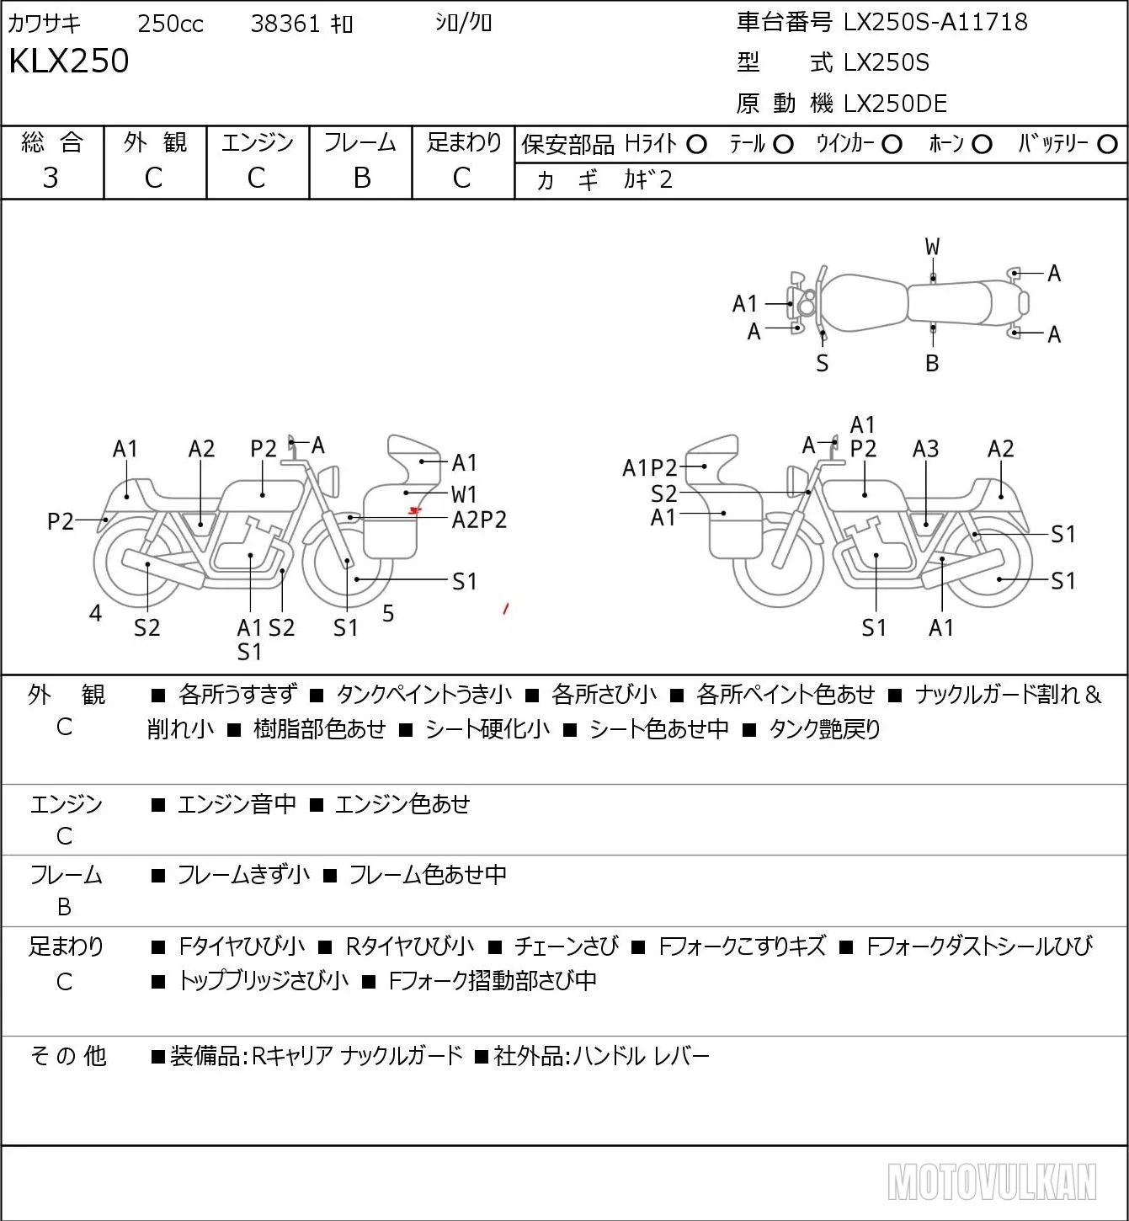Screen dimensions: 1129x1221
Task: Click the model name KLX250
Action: [69, 61]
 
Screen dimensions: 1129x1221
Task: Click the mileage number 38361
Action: [285, 24]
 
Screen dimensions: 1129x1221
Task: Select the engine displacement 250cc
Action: [170, 24]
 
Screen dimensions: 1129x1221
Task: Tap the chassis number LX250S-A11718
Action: [935, 22]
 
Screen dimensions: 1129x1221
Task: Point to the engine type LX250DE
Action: [895, 104]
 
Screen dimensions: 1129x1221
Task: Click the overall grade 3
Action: [51, 178]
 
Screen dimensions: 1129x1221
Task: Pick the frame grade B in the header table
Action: [361, 178]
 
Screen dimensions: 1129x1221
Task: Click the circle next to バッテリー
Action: [1107, 145]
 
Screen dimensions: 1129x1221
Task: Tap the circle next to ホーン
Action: [982, 145]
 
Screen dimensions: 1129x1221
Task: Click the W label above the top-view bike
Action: [932, 248]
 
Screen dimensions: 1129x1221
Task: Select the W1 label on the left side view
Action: [464, 493]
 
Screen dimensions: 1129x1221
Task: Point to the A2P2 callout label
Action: [479, 520]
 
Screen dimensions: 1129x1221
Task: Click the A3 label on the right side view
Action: [925, 449]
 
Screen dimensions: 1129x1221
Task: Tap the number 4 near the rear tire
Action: [95, 613]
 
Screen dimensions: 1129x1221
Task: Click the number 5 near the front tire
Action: [388, 613]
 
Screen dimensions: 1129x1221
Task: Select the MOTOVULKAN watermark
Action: [992, 1181]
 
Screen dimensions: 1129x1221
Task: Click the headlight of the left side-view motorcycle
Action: [331, 482]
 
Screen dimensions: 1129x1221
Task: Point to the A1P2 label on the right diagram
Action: [649, 468]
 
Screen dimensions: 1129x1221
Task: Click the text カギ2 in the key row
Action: [648, 179]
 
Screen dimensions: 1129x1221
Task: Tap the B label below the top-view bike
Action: [932, 363]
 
